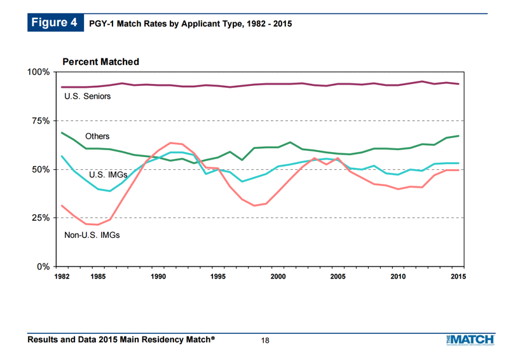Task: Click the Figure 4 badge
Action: click(55, 23)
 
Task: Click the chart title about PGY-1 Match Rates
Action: click(191, 24)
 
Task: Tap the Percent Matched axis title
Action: click(101, 62)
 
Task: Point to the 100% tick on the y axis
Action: click(39, 72)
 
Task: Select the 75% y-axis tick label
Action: click(41, 121)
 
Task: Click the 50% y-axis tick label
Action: click(41, 170)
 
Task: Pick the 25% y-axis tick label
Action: click(41, 218)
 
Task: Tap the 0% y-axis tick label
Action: click(43, 267)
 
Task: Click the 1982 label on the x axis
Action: click(62, 277)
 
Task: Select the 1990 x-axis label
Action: click(158, 277)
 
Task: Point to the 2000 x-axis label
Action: click(278, 277)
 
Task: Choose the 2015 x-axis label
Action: click(458, 277)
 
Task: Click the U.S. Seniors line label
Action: click(87, 96)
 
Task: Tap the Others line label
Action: click(97, 136)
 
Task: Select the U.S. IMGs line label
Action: click(108, 175)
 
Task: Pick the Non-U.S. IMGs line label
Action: click(92, 235)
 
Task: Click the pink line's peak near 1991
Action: click(170, 142)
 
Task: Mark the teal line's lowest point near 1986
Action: click(110, 191)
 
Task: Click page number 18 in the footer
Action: click(265, 341)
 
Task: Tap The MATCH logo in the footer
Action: click(470, 340)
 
